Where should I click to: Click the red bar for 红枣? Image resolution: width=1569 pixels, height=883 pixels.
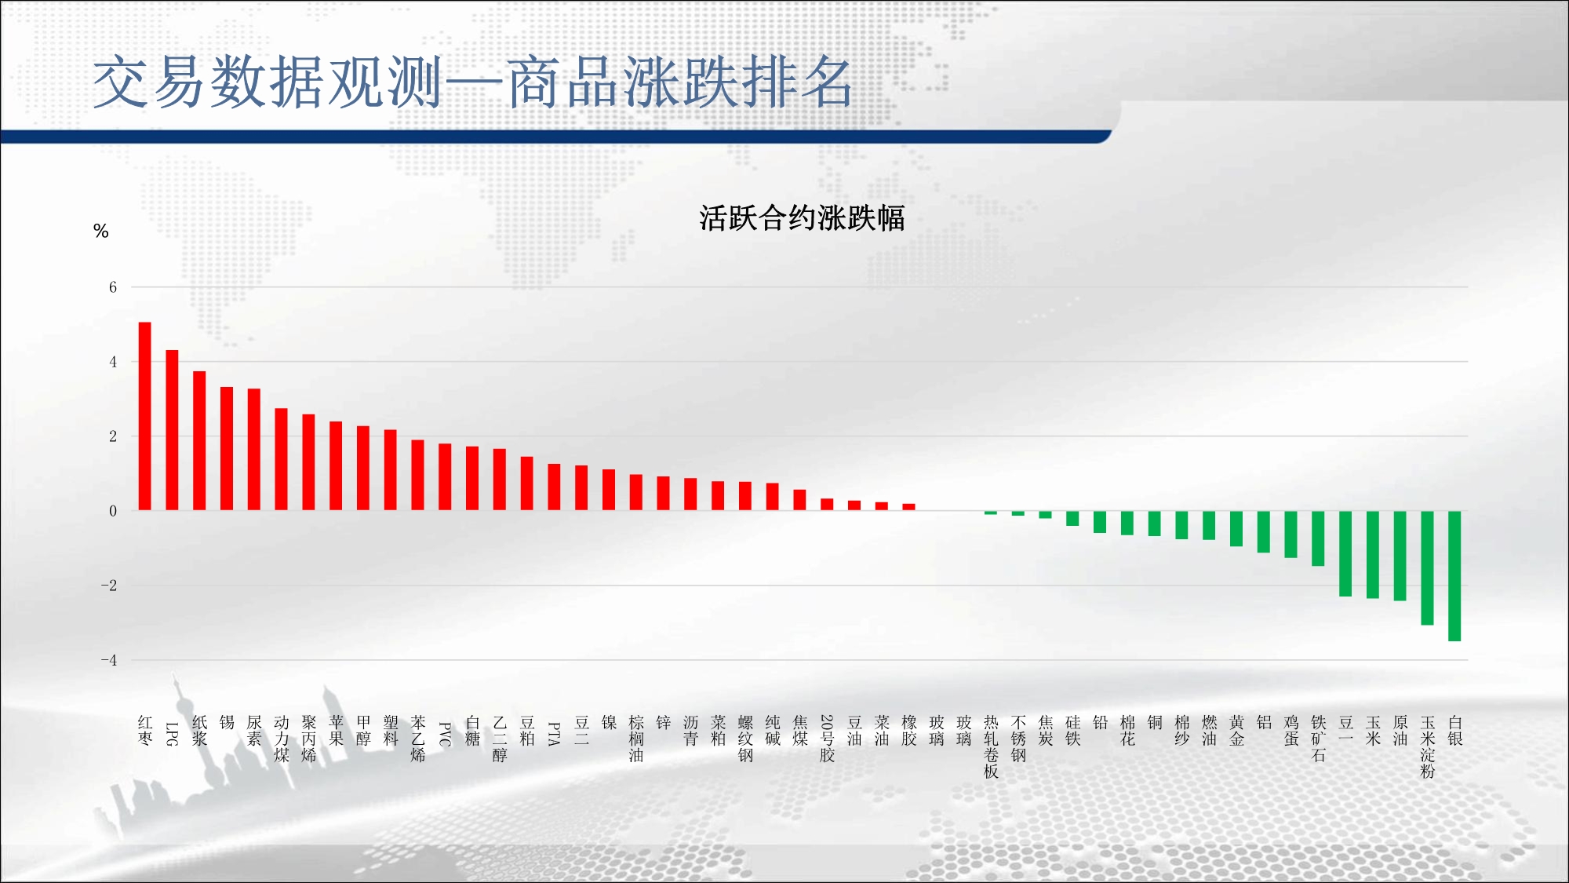[145, 416]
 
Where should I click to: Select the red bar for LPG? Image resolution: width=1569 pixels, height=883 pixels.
[172, 430]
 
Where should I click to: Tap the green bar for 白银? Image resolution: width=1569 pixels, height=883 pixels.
[1454, 576]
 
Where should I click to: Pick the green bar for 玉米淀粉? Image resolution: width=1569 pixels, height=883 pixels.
[1427, 568]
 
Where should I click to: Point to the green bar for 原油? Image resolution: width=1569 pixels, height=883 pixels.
[1400, 556]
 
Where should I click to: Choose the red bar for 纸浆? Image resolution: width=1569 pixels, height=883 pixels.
[199, 441]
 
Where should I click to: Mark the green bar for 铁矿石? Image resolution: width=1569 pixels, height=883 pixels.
[1318, 538]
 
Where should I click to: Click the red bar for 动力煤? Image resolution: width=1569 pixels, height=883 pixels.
[281, 459]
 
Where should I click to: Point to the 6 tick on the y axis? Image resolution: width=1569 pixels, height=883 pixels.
[113, 287]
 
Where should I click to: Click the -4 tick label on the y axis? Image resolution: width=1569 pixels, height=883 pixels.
[109, 660]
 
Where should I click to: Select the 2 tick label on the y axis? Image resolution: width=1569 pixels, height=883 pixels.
[113, 436]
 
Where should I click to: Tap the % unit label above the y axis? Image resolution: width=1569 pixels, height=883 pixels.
[100, 231]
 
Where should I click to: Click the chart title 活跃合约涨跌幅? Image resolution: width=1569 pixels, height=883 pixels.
[802, 218]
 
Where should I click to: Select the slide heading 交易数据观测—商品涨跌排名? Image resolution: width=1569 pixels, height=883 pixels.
[472, 82]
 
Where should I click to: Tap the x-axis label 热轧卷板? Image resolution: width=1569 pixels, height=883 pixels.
[991, 747]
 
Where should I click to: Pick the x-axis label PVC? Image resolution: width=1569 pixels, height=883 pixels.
[445, 734]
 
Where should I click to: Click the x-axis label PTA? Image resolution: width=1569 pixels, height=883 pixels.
[554, 734]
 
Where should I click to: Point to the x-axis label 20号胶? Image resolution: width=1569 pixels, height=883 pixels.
[827, 739]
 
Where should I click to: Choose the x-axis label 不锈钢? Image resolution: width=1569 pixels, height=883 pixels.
[1018, 739]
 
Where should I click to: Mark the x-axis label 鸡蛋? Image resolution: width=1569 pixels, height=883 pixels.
[1291, 731]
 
